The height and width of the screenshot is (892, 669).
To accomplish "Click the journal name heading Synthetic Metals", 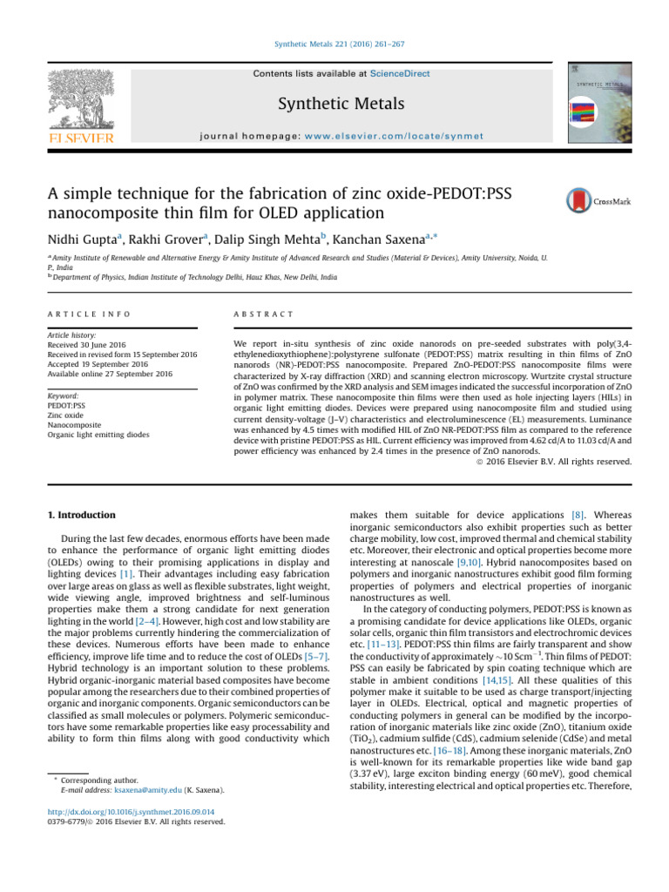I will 334,105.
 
